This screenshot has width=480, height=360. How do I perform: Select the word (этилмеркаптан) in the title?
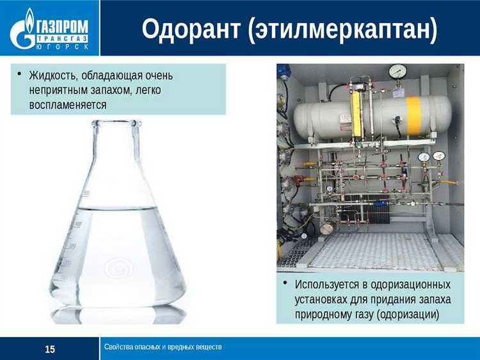pos(340,29)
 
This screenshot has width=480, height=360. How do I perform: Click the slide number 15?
pos(50,349)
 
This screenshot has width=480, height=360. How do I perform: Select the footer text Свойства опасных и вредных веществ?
pos(163,347)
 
